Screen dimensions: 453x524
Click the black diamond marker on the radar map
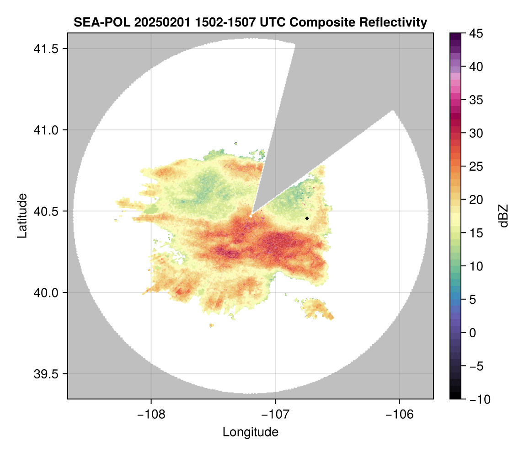pos(307,218)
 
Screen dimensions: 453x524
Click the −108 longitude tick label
pos(151,415)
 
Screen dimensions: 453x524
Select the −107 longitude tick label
pos(275,415)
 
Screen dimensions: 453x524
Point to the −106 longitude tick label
pos(400,415)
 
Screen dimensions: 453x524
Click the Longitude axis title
pos(250,432)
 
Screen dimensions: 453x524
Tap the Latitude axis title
pos(21,216)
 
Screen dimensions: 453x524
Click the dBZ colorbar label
pos(503,216)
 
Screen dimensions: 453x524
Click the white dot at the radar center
pos(251,216)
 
